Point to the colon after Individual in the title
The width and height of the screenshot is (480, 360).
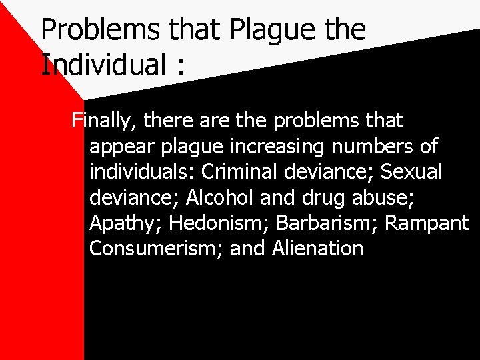(181, 66)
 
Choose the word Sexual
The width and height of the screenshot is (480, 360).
(411, 171)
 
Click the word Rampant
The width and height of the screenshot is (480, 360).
(427, 223)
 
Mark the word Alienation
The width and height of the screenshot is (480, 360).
(317, 248)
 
